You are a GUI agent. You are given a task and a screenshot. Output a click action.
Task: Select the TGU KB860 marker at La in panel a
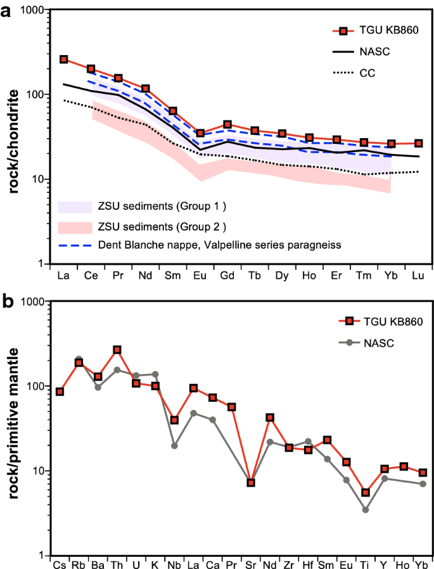[x=63, y=59]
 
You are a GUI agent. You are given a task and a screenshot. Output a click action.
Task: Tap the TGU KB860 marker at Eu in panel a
[x=200, y=133]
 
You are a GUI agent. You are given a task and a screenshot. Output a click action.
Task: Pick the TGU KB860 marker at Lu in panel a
[x=418, y=143]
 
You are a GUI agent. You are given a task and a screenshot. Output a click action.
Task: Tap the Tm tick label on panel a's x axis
[x=364, y=276]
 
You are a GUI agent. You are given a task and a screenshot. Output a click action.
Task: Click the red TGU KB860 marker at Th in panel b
[x=117, y=350]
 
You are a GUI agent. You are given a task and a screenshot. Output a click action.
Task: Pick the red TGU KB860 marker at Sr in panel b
[x=251, y=483]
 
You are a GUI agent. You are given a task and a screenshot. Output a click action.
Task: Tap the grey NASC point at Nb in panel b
[x=174, y=445]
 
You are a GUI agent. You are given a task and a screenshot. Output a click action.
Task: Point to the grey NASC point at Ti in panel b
[x=366, y=509]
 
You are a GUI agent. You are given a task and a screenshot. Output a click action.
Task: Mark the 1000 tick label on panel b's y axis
[x=34, y=303]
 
